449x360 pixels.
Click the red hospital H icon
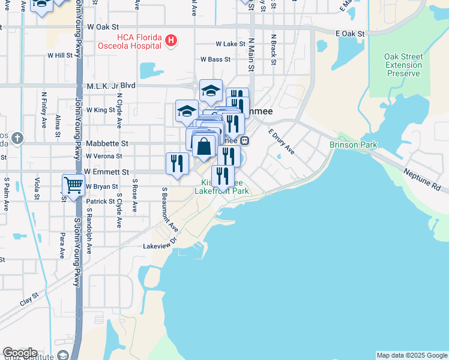[x=172, y=41]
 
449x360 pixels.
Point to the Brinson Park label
[x=353, y=145]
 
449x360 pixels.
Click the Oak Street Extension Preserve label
[x=403, y=65]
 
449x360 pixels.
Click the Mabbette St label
[x=107, y=144]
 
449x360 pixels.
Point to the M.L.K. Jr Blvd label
[x=111, y=86]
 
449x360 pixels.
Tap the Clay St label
[x=29, y=299]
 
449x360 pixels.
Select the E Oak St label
[x=350, y=34]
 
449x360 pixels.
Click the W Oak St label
[x=104, y=27]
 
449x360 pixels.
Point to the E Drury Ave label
[x=281, y=142]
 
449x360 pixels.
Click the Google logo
[x=20, y=353]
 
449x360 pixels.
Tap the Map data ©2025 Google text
[x=411, y=355]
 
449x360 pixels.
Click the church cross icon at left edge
[x=17, y=139]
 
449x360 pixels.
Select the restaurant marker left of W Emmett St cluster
[x=177, y=163]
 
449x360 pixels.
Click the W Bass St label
[x=216, y=59]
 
